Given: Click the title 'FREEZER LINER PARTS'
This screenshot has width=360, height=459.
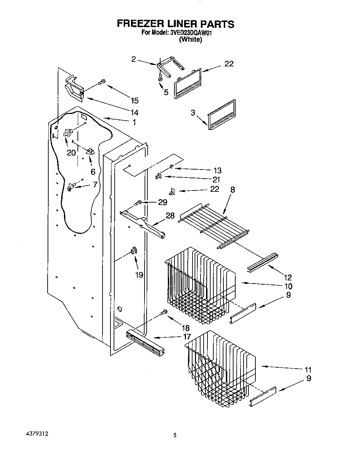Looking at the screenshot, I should pos(175,24).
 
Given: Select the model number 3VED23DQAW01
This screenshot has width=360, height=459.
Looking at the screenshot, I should pos(191,33).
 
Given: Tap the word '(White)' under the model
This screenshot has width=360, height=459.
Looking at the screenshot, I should pos(190,40).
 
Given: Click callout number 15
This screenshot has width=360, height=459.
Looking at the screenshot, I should pos(134,101).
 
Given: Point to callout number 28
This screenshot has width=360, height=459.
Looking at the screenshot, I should pos(170,216).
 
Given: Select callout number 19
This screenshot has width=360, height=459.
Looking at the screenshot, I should pos(139,274).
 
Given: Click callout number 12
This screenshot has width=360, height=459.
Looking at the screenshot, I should pos(288,277).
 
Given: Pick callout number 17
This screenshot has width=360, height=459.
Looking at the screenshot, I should pos(187,336).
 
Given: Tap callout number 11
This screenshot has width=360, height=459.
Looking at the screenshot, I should pos(308,369).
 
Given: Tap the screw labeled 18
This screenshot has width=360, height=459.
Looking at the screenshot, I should pos(164,313).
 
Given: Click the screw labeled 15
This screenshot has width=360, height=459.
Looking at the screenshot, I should pos(101,82).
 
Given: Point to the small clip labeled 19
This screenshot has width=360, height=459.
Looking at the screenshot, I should pos(133,251).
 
